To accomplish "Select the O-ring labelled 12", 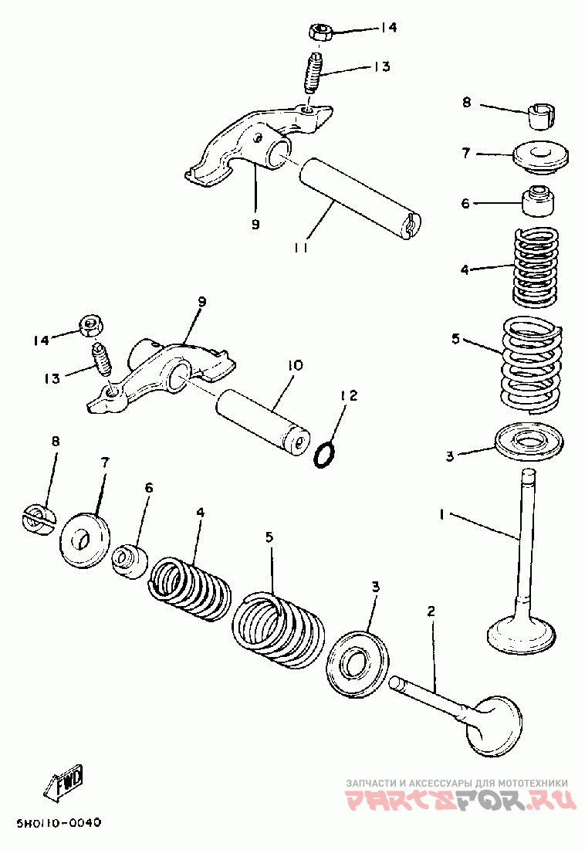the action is [x=324, y=454].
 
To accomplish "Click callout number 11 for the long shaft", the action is [x=302, y=248].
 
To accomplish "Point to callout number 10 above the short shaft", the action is [x=296, y=365].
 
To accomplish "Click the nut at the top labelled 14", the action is [x=320, y=31].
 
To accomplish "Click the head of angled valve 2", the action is [x=495, y=726].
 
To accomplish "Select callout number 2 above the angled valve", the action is [x=431, y=611].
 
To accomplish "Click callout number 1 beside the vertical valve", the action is [x=442, y=514].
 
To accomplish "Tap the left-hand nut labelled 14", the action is [x=92, y=326].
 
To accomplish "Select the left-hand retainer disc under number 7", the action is [x=83, y=540].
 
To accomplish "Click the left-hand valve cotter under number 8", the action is [x=38, y=519].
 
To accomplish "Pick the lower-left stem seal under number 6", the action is [x=130, y=560].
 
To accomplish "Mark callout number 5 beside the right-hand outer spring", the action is [x=455, y=340].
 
